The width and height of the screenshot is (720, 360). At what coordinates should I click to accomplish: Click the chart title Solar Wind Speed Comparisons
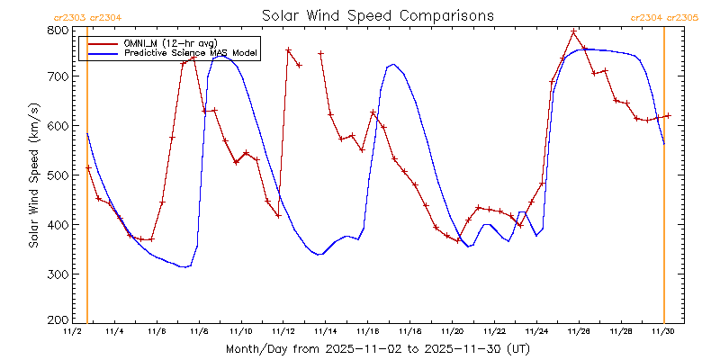click(377, 16)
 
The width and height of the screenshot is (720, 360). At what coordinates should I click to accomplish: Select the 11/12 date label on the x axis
click(284, 332)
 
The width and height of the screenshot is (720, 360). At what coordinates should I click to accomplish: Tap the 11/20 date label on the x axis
click(453, 332)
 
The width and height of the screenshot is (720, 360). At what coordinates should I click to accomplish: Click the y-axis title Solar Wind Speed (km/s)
click(33, 175)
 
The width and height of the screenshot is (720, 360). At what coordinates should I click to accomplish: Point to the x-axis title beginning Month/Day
click(377, 347)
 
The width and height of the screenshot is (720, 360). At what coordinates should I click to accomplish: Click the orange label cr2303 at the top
click(70, 16)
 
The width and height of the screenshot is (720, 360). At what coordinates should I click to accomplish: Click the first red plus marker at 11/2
click(88, 168)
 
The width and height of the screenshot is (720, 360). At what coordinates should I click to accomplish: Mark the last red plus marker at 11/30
click(668, 115)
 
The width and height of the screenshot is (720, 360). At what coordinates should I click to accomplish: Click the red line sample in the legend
click(100, 43)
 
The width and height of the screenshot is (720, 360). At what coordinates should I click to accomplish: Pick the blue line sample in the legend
click(100, 54)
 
